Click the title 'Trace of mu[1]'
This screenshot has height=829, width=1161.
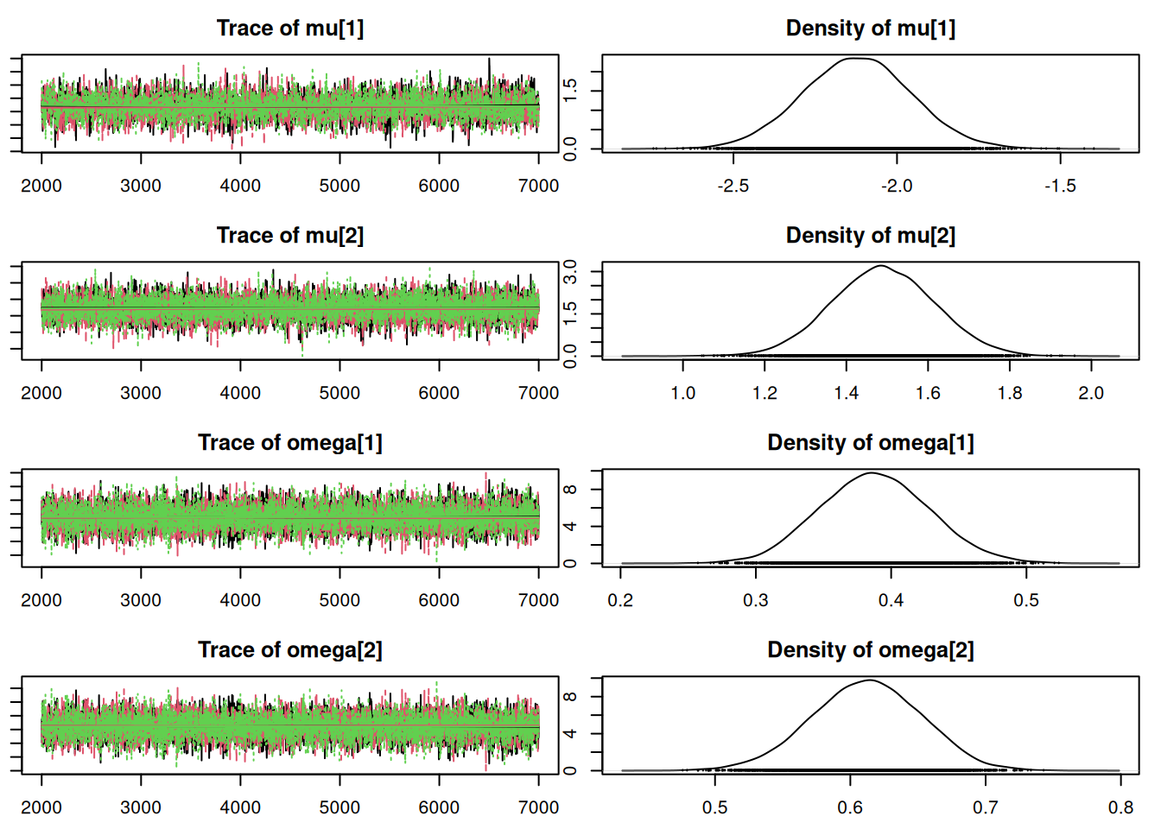pyautogui.click(x=290, y=28)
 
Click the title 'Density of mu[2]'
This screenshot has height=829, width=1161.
pyautogui.click(x=870, y=236)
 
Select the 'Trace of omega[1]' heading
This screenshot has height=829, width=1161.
pyautogui.click(x=290, y=443)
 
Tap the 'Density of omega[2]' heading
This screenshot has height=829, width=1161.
pyautogui.click(x=870, y=650)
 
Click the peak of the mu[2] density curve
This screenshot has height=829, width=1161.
pyautogui.click(x=881, y=266)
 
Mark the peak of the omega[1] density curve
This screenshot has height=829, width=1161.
pyautogui.click(x=871, y=473)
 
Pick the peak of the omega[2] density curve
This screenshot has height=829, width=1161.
pyautogui.click(x=869, y=680)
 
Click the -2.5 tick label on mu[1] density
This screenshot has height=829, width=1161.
pyautogui.click(x=733, y=186)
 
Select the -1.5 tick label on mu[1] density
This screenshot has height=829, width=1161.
pyautogui.click(x=1060, y=186)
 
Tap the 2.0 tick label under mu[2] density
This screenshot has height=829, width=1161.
pyautogui.click(x=1091, y=393)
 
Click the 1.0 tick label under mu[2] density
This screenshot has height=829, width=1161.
pyautogui.click(x=682, y=393)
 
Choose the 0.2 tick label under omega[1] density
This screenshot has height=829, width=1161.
pyautogui.click(x=620, y=600)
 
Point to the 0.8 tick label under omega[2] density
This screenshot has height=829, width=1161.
pyautogui.click(x=1120, y=807)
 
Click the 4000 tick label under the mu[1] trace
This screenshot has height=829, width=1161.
pyautogui.click(x=240, y=186)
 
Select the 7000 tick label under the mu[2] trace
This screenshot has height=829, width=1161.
pyautogui.click(x=538, y=393)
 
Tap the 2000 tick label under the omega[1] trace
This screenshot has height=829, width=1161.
pyautogui.click(x=41, y=600)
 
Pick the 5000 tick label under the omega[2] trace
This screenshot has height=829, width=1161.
pyautogui.click(x=339, y=807)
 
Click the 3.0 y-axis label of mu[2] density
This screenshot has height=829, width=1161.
pyautogui.click(x=570, y=273)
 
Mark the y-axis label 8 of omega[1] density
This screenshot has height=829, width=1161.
pyautogui.click(x=570, y=490)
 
